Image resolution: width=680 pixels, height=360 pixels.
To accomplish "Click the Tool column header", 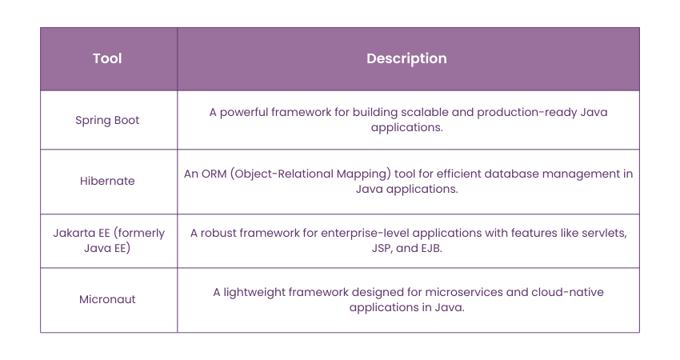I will click(x=107, y=59).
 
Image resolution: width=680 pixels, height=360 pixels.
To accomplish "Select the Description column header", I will click(x=406, y=59).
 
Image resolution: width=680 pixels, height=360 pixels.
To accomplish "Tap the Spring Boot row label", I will click(x=107, y=120).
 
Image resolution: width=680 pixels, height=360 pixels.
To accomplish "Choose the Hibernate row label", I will click(x=107, y=181).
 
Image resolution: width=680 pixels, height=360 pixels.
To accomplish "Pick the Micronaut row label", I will click(x=107, y=299).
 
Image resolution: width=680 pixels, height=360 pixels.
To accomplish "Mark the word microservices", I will click(x=452, y=292).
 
